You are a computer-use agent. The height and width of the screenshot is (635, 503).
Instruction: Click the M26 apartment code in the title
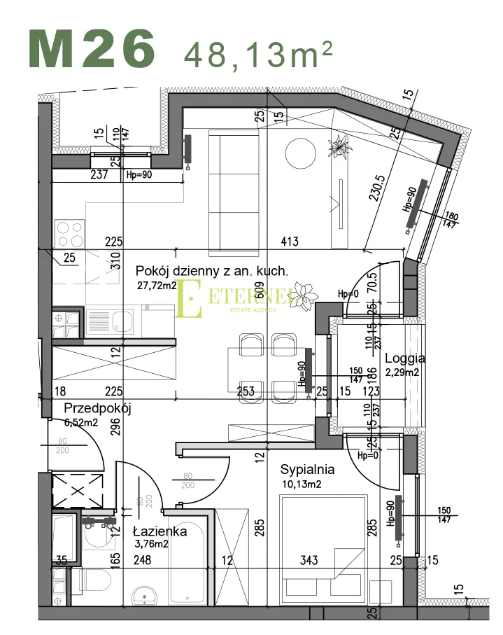(x=92, y=49)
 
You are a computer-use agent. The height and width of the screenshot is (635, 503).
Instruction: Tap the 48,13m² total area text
(x=257, y=53)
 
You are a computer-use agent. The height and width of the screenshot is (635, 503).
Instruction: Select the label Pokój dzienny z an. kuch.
(x=212, y=271)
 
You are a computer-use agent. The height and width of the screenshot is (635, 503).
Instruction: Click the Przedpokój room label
(x=97, y=409)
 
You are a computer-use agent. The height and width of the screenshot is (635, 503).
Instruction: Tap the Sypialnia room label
(x=307, y=469)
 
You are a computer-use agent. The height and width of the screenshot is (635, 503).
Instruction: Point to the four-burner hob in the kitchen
(x=70, y=230)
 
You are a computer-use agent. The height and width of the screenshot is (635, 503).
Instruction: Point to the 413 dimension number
(x=289, y=242)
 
